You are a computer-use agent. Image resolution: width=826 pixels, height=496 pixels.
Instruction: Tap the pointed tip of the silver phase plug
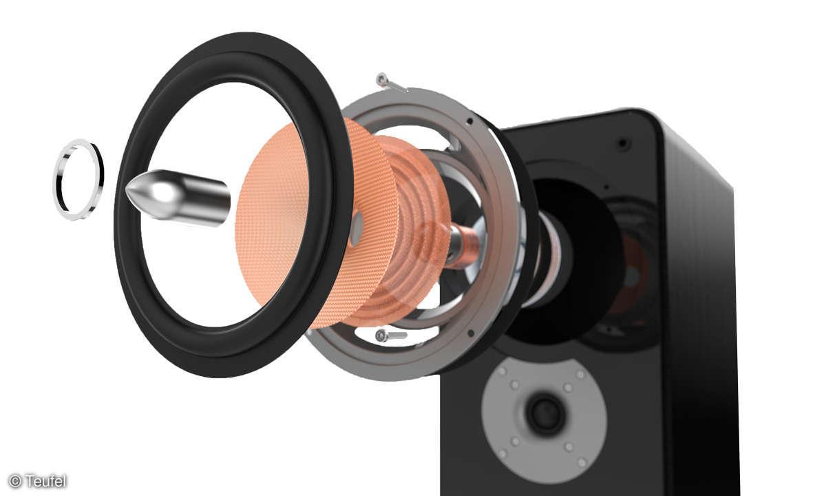click(x=126, y=191)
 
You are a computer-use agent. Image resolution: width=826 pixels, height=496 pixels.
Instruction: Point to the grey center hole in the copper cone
click(x=357, y=229)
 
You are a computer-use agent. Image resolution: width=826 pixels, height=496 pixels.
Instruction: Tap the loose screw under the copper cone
click(x=391, y=335)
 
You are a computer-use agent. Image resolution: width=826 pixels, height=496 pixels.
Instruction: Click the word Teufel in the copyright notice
click(x=46, y=481)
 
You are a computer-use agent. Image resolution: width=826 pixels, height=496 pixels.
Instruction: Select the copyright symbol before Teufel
click(x=14, y=481)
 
